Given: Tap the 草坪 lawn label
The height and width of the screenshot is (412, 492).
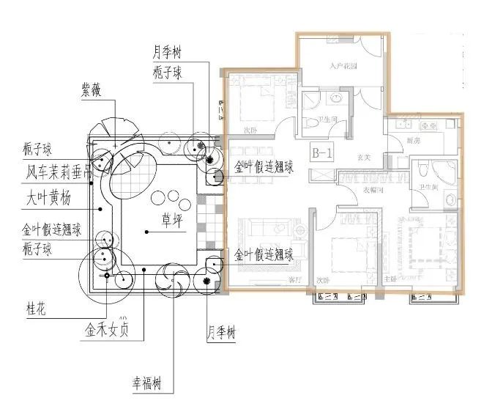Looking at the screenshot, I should pyautogui.click(x=173, y=219).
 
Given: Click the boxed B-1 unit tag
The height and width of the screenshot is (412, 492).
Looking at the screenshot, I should pyautogui.click(x=322, y=154).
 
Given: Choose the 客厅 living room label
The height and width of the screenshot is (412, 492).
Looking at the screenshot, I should pyautogui.click(x=275, y=279).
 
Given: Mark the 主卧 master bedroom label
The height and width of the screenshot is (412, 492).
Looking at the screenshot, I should pyautogui.click(x=390, y=279).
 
